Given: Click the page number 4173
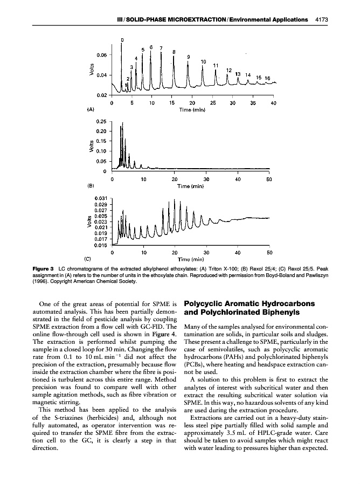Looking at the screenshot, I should (x=321, y=20).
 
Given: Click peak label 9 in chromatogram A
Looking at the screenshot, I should (x=188, y=57).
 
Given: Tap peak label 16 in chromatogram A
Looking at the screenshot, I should (x=267, y=78).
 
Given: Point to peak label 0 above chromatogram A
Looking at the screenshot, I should (x=122, y=39).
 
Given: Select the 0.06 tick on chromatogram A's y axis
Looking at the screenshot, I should (x=101, y=55).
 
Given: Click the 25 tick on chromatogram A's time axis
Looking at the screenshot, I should (x=213, y=102).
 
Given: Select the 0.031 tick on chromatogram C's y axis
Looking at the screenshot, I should (x=101, y=198).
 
